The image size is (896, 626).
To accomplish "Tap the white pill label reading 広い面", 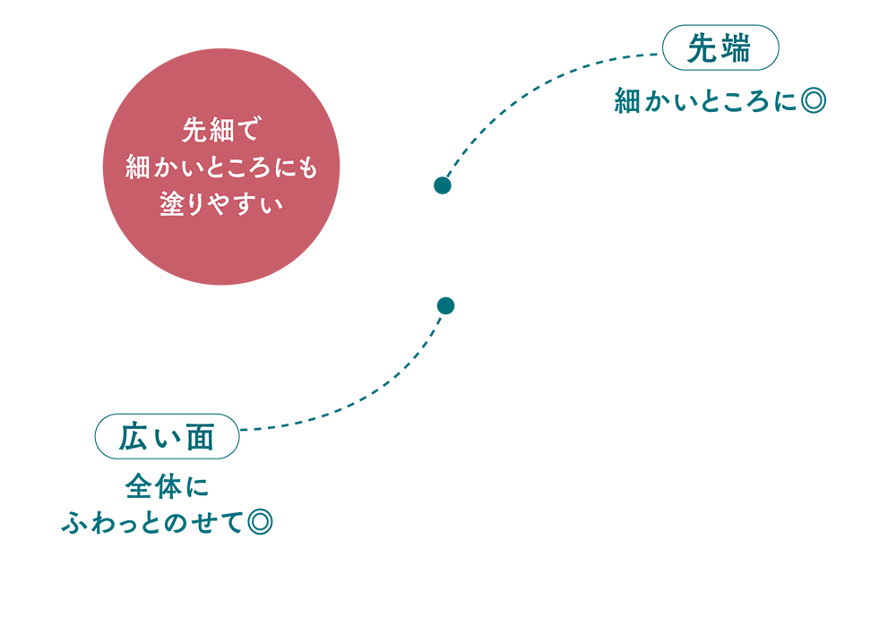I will [x=168, y=438].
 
